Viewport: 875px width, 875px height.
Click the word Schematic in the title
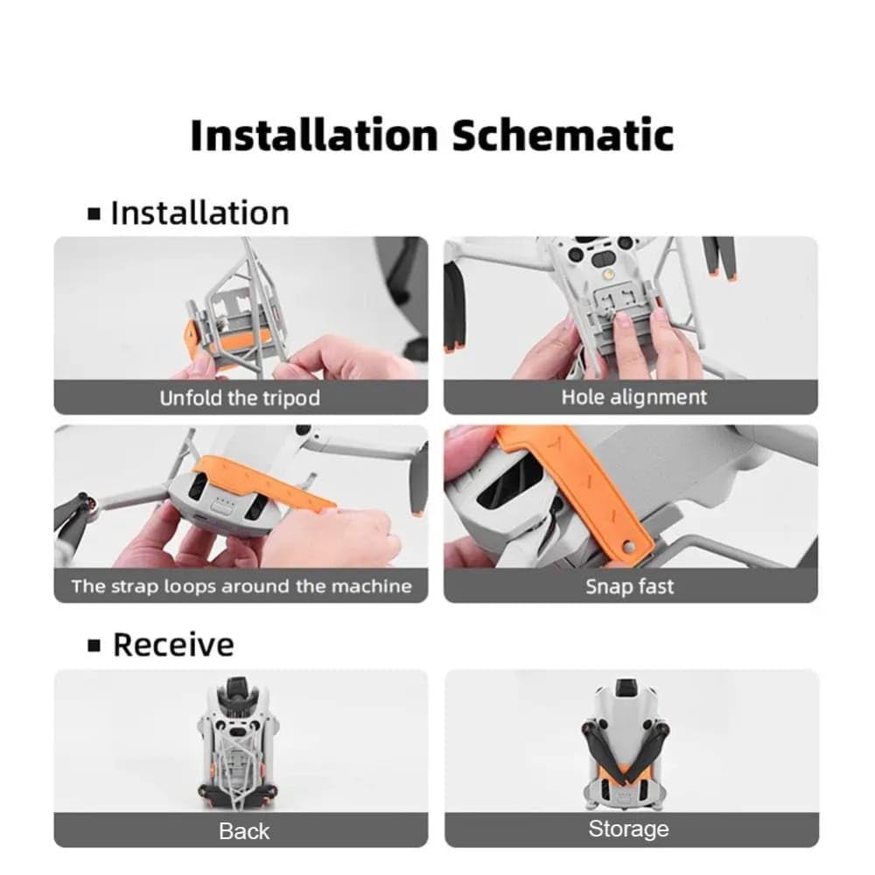pyautogui.click(x=563, y=135)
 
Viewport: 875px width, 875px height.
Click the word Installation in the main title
pyautogui.click(x=314, y=135)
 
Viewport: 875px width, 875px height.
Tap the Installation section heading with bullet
pyautogui.click(x=189, y=213)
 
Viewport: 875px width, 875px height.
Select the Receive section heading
pyautogui.click(x=161, y=645)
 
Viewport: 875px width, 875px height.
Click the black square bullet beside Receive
pyautogui.click(x=94, y=646)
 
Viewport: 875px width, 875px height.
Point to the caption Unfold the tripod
pyautogui.click(x=240, y=398)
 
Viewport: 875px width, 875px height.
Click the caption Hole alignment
pyautogui.click(x=633, y=397)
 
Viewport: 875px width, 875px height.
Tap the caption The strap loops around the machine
pyautogui.click(x=241, y=586)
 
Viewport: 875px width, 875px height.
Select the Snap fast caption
pyautogui.click(x=629, y=586)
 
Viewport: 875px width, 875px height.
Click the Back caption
pyautogui.click(x=244, y=831)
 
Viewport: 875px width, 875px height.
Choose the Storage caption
pyautogui.click(x=628, y=829)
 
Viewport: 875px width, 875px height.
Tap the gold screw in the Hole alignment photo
pyautogui.click(x=609, y=274)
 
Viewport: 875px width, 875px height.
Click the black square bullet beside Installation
pyautogui.click(x=94, y=213)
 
